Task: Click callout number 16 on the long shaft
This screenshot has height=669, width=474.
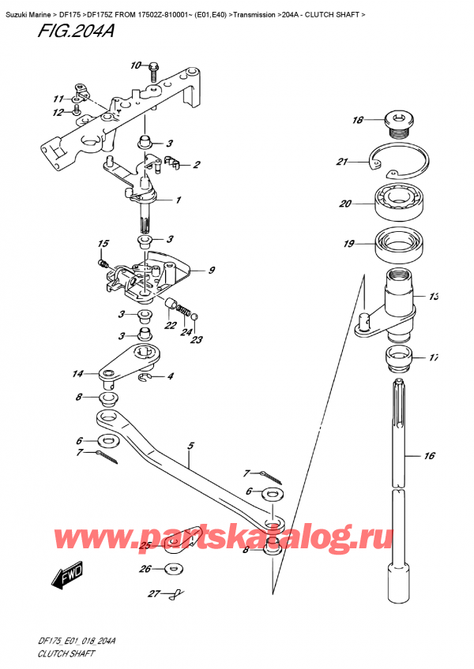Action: [x=430, y=455]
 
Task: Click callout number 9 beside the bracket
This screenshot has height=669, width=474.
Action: [x=212, y=271]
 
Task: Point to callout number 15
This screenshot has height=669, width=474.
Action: [x=103, y=243]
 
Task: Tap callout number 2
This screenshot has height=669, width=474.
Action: [x=197, y=165]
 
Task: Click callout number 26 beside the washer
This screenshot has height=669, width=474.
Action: [x=145, y=568]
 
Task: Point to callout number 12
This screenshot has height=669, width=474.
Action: [x=57, y=113]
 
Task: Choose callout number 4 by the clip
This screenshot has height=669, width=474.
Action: [x=171, y=376]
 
